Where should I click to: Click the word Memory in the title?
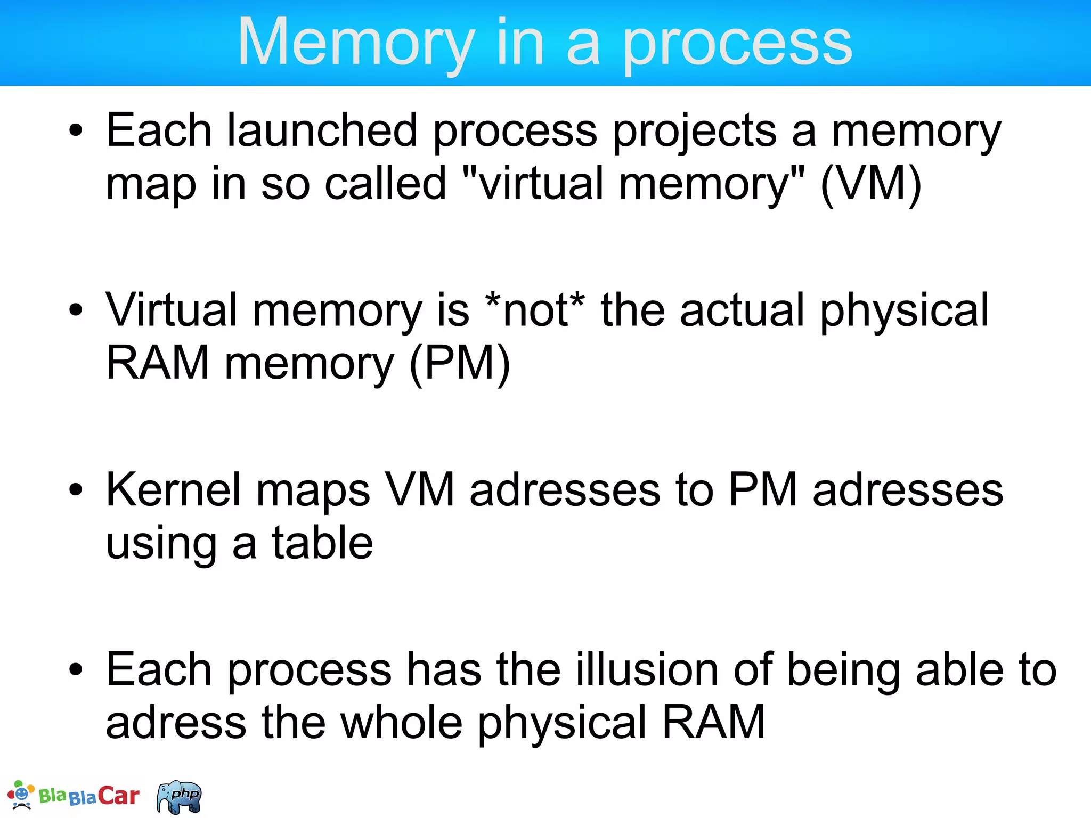tap(356, 43)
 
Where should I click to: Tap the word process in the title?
tap(737, 43)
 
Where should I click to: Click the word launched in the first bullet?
tap(322, 130)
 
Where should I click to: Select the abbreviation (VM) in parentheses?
tap(871, 184)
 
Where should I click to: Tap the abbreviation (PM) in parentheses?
tap(460, 363)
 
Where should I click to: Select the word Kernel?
tap(174, 489)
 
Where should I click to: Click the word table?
tap(322, 543)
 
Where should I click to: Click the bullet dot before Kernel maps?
tap(76, 489)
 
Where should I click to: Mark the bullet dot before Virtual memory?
tap(76, 310)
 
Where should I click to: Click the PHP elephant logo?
tap(180, 797)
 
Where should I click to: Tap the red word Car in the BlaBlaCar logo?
tap(118, 796)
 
